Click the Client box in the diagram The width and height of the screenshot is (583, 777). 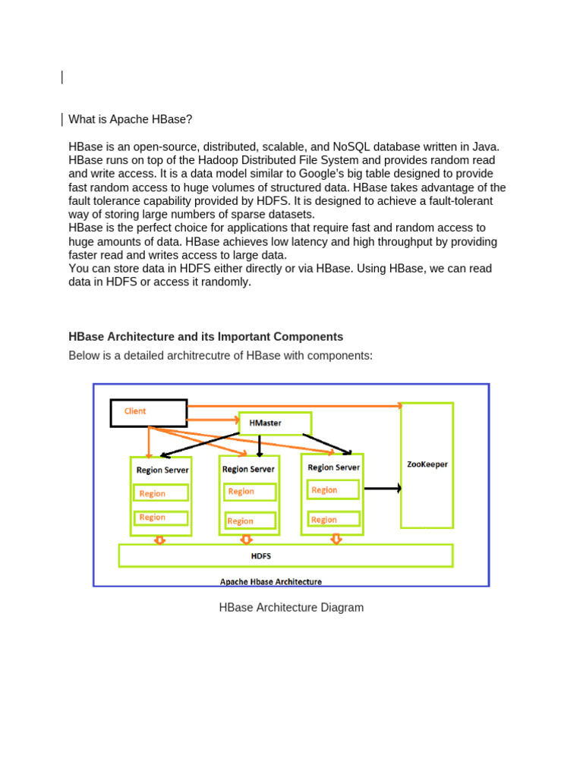coord(149,413)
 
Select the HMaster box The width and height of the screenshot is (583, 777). coord(275,423)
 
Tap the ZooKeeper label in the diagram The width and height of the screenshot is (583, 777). coord(427,464)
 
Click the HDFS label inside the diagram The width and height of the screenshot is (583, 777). coord(261,556)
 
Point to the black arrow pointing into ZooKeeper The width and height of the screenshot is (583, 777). coord(383,489)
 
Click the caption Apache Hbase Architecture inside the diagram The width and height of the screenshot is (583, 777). coord(271,582)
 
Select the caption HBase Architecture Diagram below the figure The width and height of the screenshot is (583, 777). coord(291,607)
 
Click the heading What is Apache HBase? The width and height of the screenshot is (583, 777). coord(131,119)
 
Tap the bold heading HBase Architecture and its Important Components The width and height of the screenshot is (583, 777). coord(206,336)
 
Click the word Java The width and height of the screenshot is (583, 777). coord(485,146)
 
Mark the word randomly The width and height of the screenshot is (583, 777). coord(225,282)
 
